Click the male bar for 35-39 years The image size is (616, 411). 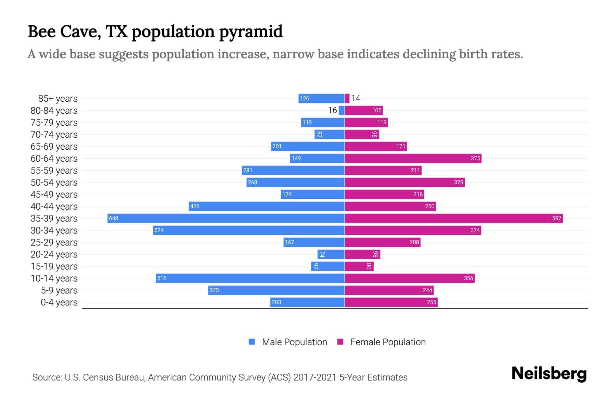226,218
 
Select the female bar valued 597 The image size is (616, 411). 453,218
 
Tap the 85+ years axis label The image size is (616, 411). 57,99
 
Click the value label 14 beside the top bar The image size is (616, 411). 356,98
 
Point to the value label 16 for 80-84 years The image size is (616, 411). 332,110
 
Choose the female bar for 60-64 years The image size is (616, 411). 413,158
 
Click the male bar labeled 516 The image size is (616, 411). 250,278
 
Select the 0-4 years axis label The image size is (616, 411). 59,302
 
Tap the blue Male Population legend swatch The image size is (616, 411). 252,342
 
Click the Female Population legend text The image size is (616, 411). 388,342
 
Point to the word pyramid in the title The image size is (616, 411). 251,32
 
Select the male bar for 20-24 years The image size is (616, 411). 331,254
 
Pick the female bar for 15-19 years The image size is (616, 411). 359,266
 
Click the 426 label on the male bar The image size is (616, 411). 195,206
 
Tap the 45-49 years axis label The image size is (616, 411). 54,195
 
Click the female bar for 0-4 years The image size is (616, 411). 391,302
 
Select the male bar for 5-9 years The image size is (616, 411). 276,290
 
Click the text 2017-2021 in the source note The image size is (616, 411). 315,377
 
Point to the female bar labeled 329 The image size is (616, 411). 405,182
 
